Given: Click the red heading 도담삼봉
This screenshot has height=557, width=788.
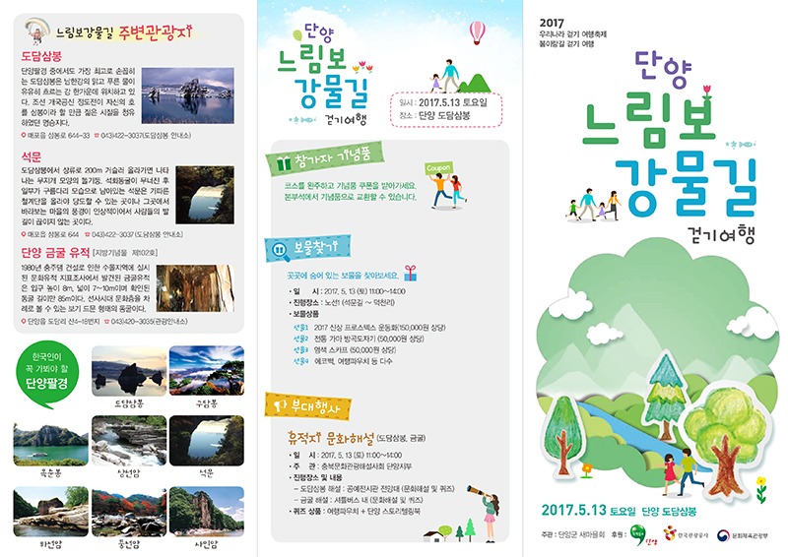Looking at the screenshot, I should pyautogui.click(x=41, y=57).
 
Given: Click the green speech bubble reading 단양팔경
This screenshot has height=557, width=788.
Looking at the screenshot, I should pyautogui.click(x=46, y=369).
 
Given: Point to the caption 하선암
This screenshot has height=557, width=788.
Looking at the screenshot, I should pyautogui.click(x=48, y=541).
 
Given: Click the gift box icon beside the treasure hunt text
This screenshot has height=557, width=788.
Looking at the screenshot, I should pyautogui.click(x=409, y=275).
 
